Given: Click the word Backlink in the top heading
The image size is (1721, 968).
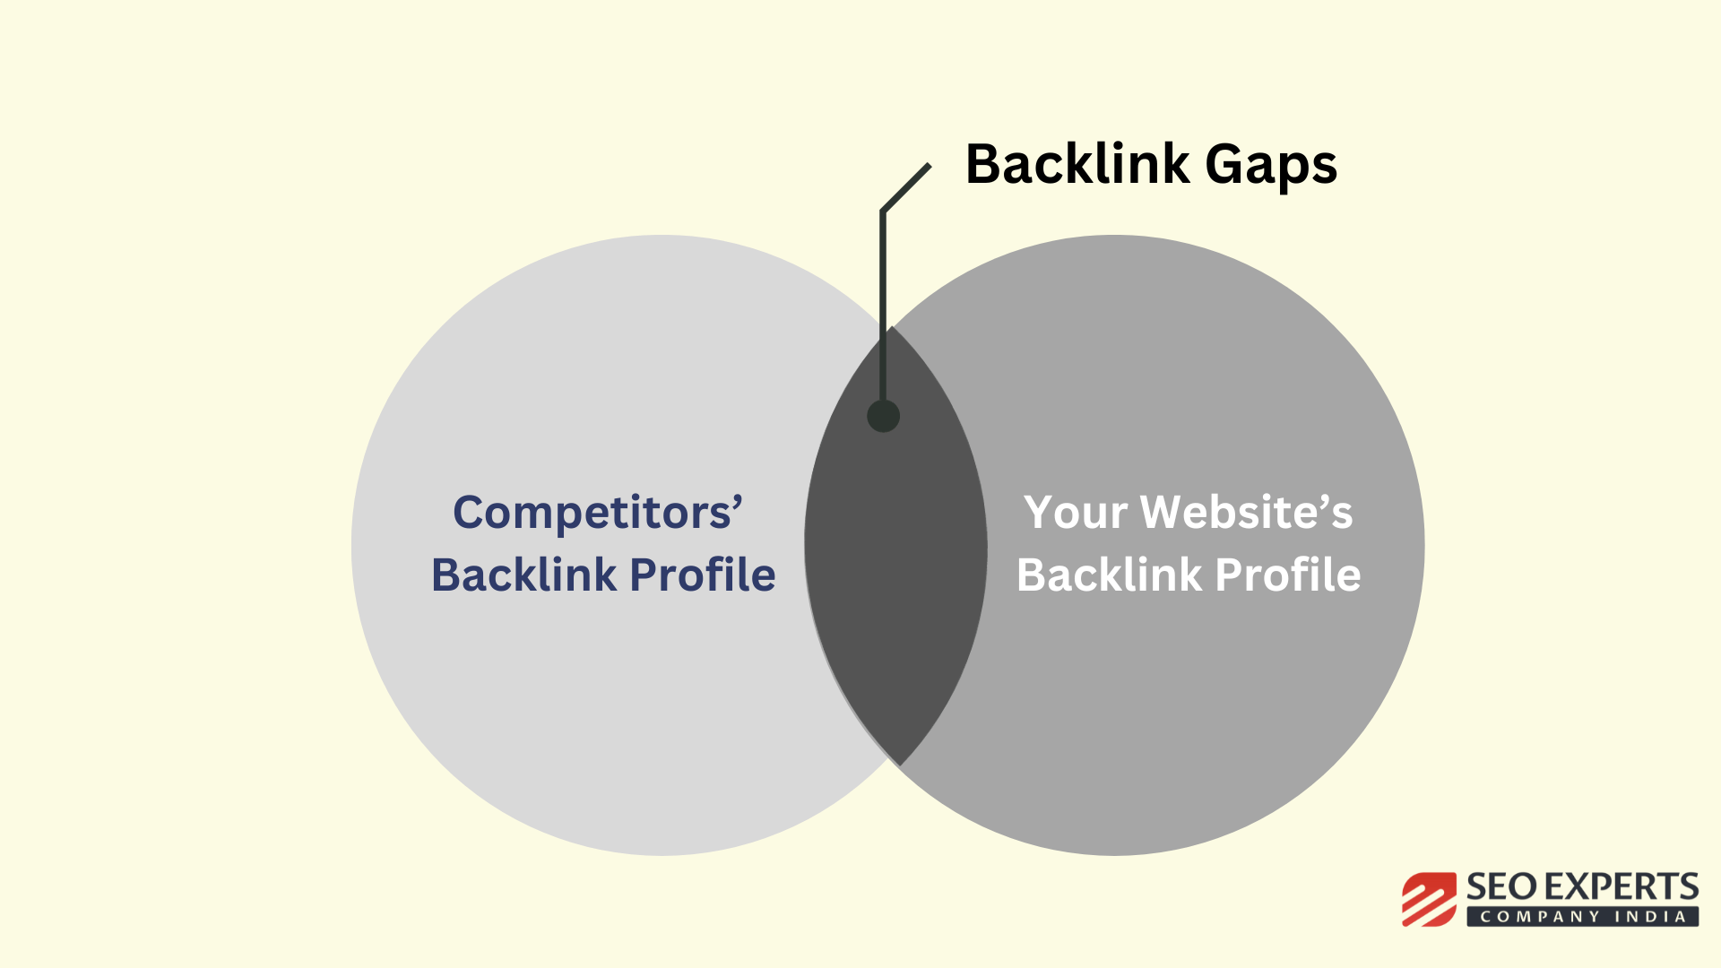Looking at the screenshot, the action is (x=1077, y=164).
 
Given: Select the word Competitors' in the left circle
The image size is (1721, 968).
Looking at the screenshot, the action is (x=598, y=514).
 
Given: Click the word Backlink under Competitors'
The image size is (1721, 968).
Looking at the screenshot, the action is (x=524, y=575).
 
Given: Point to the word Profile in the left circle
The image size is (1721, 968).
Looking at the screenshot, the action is (x=703, y=575).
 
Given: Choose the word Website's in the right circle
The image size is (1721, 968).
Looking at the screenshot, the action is (x=1247, y=513).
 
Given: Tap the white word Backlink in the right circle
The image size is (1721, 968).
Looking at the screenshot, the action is (x=1110, y=575).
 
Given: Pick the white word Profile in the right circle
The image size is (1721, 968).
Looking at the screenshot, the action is (x=1288, y=575).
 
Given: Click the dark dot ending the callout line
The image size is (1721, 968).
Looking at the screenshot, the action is (x=883, y=416).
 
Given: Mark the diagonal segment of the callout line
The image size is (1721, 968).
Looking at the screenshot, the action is (x=906, y=187).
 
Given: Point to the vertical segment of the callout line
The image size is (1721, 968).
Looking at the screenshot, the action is (x=883, y=305).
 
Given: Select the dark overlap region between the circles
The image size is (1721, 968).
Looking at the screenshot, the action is (x=895, y=545).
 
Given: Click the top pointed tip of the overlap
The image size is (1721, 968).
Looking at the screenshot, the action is (x=892, y=326).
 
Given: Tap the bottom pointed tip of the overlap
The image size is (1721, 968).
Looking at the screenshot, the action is (x=898, y=765).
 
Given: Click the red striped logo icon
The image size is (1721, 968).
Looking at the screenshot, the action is (x=1430, y=899).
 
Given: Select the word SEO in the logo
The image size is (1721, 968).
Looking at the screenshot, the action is (x=1502, y=887).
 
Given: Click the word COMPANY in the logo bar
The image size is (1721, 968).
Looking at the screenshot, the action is (x=1541, y=917).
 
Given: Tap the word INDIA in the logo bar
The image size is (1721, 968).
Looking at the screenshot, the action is (x=1651, y=917).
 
